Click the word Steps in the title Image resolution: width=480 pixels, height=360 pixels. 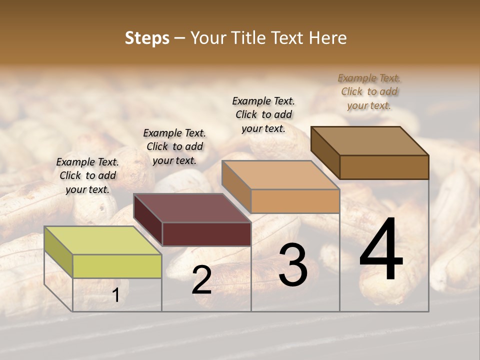pyautogui.click(x=147, y=38)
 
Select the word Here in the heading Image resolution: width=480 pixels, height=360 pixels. pyautogui.click(x=328, y=38)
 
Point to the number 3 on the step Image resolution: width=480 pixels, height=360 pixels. pyautogui.click(x=292, y=265)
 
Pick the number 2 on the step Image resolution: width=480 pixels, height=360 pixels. pyautogui.click(x=201, y=280)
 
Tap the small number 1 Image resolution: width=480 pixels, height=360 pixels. pyautogui.click(x=116, y=296)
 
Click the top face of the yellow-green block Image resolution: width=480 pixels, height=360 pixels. pyautogui.click(x=102, y=240)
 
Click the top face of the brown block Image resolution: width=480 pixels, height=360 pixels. pyautogui.click(x=369, y=141)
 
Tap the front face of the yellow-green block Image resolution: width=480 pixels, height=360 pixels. pyautogui.click(x=117, y=266)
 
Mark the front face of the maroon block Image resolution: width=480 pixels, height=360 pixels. pyautogui.click(x=206, y=234)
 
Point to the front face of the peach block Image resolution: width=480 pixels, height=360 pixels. pyautogui.click(x=295, y=201)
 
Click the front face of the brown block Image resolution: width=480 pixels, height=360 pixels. pyautogui.click(x=384, y=167)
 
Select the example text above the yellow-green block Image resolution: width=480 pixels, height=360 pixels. pyautogui.click(x=87, y=175)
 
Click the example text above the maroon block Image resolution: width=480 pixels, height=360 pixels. pyautogui.click(x=174, y=146)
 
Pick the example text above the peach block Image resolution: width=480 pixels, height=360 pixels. pyautogui.click(x=263, y=114)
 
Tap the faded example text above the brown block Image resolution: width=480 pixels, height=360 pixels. pyautogui.click(x=369, y=91)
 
